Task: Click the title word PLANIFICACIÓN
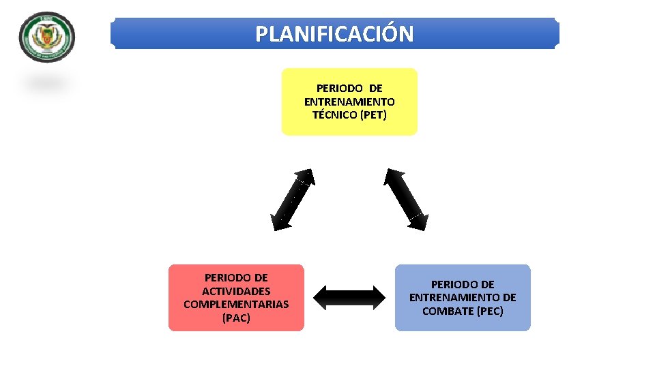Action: click(334, 33)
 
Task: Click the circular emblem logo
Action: click(47, 36)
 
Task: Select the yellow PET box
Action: click(349, 102)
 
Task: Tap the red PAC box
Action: click(236, 298)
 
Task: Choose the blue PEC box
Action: click(463, 298)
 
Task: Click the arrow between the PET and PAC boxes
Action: click(293, 198)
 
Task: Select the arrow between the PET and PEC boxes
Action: click(406, 198)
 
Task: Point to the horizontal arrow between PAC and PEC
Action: click(349, 296)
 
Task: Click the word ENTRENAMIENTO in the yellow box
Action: click(349, 102)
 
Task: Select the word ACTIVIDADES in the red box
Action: click(236, 291)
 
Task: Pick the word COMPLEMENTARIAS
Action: click(236, 304)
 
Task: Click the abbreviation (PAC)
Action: click(236, 318)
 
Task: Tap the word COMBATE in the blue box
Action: click(448, 311)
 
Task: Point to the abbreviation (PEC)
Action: click(490, 311)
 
